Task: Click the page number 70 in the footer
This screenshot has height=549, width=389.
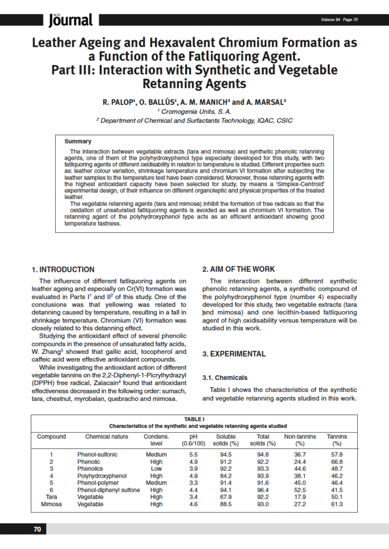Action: (37, 529)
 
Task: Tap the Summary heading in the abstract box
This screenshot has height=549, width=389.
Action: (78, 142)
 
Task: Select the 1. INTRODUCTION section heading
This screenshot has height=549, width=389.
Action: (63, 269)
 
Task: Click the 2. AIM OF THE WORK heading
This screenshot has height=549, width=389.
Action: (238, 269)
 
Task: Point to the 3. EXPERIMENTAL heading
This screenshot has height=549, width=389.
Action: (233, 354)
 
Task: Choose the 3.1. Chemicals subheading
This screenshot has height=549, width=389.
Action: (225, 377)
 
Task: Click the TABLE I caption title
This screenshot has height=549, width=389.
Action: (194, 419)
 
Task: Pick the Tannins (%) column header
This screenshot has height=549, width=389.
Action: (337, 440)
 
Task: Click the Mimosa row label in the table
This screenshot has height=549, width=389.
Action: (52, 505)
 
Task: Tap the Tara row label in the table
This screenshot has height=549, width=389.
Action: (52, 496)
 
